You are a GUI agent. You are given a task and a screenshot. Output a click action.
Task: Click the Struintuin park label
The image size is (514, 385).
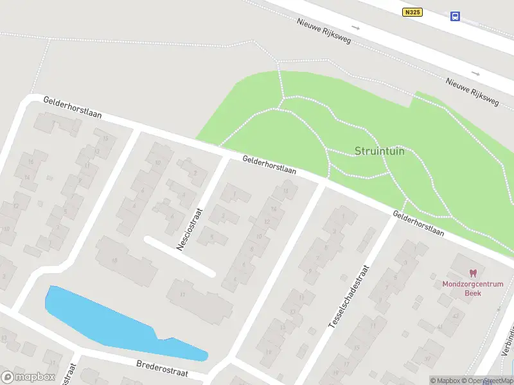(x=380, y=151)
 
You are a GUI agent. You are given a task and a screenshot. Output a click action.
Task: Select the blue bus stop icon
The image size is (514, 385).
(x=455, y=16)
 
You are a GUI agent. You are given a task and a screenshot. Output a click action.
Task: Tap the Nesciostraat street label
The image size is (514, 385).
(x=190, y=228)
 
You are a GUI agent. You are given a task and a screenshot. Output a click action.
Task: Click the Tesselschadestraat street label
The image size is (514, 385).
(x=350, y=297)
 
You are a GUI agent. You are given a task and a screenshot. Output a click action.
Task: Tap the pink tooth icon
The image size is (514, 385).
(x=474, y=273)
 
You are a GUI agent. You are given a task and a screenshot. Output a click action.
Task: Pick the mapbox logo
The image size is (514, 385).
(x=27, y=377)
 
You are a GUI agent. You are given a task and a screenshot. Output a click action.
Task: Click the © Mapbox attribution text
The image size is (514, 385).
(x=445, y=381)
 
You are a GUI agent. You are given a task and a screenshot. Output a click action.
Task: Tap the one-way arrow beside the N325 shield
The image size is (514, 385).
(x=355, y=28)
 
